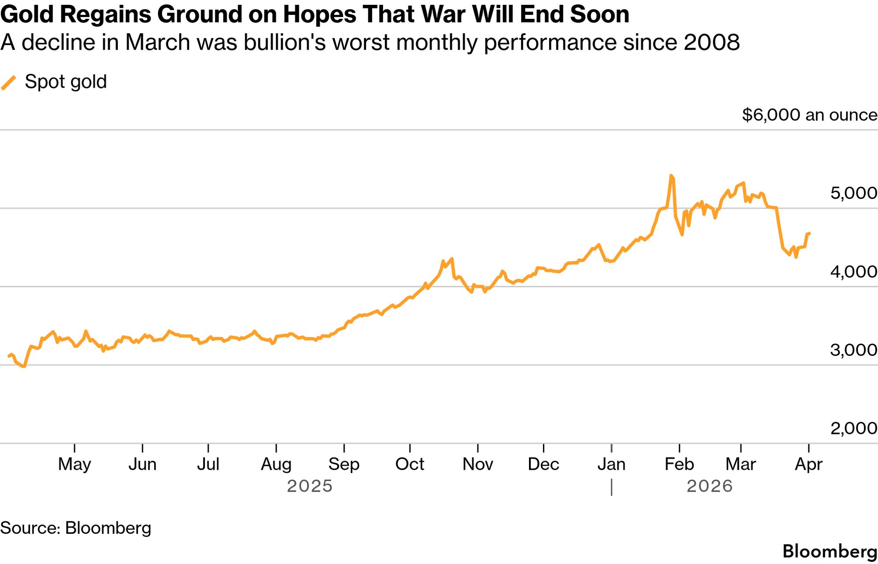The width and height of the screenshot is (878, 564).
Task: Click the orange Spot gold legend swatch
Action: (9, 82)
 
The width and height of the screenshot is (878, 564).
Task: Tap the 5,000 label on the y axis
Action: (853, 193)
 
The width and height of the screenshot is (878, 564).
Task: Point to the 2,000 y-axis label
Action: (853, 428)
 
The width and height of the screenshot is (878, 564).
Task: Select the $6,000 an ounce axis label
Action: (809, 115)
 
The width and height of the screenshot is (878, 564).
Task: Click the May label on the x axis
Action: (74, 464)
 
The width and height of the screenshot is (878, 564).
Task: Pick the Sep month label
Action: (344, 464)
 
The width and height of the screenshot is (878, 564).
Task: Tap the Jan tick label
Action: (611, 464)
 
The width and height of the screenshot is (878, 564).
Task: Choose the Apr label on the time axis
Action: (808, 464)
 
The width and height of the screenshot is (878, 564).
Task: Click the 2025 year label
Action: (310, 486)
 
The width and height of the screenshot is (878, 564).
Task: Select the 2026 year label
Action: (709, 486)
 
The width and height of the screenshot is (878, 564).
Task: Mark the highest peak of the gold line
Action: (671, 176)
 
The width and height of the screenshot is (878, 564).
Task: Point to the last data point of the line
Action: (809, 234)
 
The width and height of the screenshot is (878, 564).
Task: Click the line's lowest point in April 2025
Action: (24, 366)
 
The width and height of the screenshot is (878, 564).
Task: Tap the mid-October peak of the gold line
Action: (451, 259)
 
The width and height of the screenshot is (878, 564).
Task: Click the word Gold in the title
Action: (27, 14)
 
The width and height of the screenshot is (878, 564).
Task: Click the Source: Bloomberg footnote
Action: (76, 528)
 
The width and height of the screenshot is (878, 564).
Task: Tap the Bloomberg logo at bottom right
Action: (829, 551)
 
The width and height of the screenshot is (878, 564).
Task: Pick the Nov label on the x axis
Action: (478, 464)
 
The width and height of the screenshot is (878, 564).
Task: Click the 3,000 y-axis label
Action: (853, 350)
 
